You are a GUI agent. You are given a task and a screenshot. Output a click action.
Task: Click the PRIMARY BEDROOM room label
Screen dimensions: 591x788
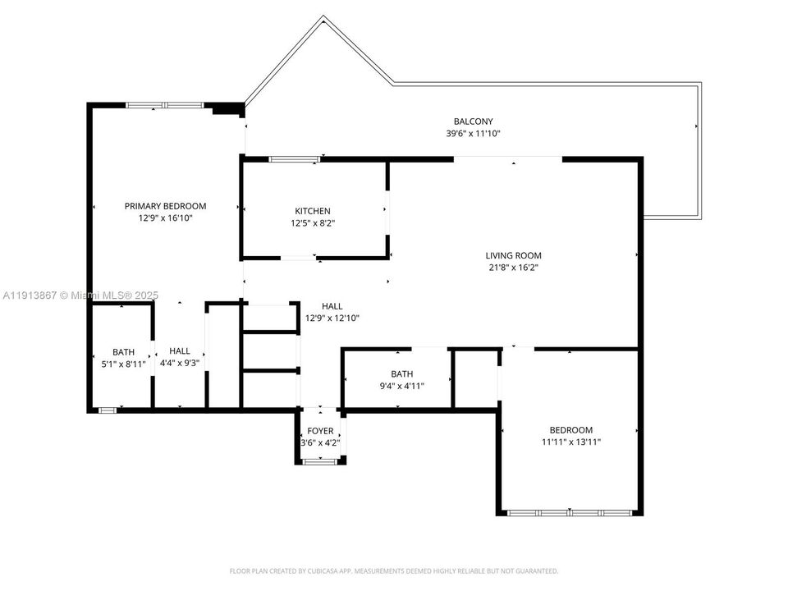coord(165,206)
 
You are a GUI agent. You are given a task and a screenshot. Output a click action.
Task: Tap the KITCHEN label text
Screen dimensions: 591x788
coord(313,211)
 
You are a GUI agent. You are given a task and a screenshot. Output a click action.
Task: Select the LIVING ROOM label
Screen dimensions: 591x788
coord(513,255)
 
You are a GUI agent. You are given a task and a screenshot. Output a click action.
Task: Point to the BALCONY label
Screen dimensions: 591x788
coord(474,121)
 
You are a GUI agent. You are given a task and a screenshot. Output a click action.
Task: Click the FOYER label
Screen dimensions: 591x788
coord(320,431)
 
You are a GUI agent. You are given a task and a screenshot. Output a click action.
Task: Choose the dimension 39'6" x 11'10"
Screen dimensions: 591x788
coord(474,134)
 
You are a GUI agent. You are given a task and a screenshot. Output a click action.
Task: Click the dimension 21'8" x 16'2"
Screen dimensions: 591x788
coord(513,267)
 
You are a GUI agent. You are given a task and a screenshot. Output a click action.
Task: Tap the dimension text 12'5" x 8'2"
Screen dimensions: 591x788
coord(313,222)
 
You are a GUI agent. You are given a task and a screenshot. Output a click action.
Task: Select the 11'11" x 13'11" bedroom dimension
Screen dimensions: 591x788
coord(570,442)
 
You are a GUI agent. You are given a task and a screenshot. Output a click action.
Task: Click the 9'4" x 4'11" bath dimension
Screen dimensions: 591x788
coord(401,385)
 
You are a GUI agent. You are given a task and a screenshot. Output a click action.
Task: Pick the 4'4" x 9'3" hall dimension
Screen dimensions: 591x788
coord(180,363)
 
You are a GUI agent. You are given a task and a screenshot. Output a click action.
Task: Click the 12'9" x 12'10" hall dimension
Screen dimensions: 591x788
coord(332,318)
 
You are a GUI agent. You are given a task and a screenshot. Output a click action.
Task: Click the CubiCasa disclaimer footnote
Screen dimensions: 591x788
coord(394,570)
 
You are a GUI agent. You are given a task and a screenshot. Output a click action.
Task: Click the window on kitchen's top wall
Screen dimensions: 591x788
coord(295,158)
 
